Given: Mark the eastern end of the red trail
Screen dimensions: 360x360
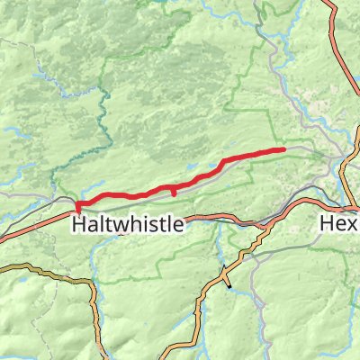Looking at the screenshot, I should click(283, 149).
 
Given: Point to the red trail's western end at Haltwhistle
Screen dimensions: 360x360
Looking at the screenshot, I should click(78, 208).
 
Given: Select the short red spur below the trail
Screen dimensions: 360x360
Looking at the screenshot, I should click(172, 192).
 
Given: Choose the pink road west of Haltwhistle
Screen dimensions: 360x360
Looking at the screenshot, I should click(36, 226).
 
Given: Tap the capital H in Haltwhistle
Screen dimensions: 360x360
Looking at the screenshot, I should click(77, 224).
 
